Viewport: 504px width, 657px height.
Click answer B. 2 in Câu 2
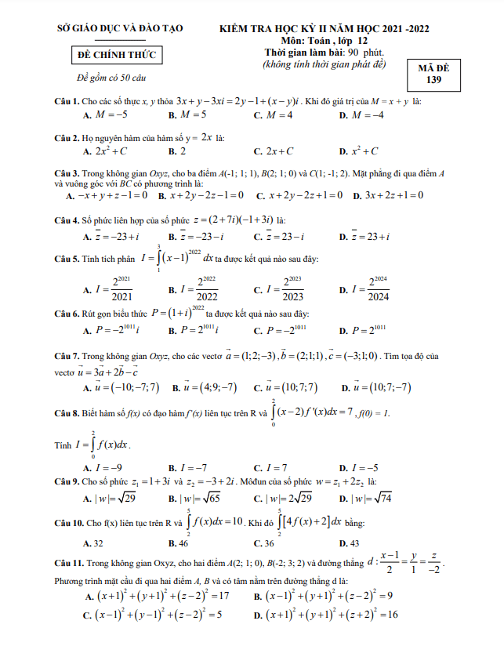pyautogui.click(x=177, y=151)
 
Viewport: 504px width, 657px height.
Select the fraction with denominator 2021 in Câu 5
pyautogui.click(x=111, y=290)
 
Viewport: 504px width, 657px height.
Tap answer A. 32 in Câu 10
pyautogui.click(x=92, y=543)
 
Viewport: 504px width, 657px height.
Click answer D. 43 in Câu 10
pyautogui.click(x=349, y=543)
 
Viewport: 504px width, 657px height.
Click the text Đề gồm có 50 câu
pyautogui.click(x=111, y=78)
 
